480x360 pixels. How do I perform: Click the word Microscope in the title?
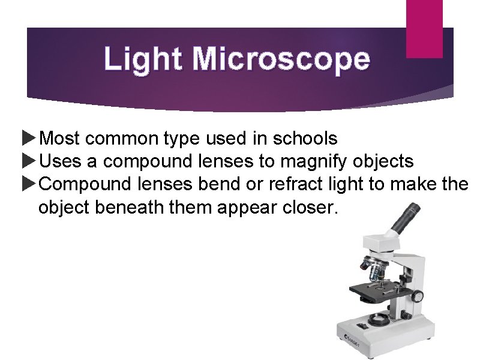281,59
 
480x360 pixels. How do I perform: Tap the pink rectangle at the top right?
424,28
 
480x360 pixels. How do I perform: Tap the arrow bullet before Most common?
29,139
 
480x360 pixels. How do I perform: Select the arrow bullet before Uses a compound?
29,161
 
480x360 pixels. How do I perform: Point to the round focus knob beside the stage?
417,296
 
